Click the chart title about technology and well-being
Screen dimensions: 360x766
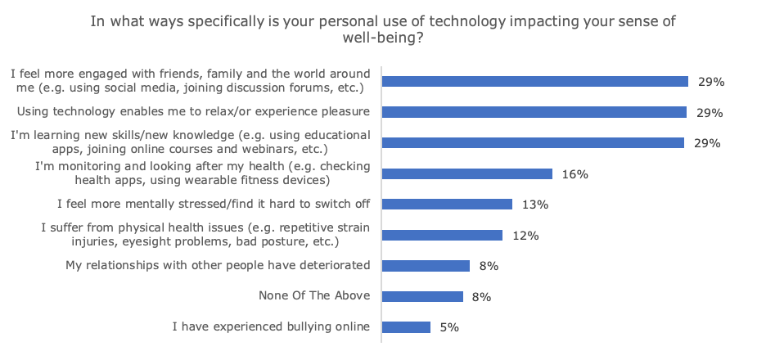pos(382,29)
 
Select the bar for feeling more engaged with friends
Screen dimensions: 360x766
pos(535,81)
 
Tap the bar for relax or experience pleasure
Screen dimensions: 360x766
pos(534,112)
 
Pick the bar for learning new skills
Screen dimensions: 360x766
pos(534,142)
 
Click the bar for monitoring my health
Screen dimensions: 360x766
pos(467,173)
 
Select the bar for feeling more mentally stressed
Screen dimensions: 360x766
pos(448,204)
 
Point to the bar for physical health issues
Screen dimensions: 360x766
pos(443,235)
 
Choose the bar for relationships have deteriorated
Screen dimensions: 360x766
pos(426,266)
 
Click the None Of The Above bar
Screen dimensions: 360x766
pos(423,296)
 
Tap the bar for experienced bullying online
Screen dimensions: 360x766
pos(407,327)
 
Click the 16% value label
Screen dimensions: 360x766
pos(575,173)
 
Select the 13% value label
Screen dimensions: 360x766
pos(535,205)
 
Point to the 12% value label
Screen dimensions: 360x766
pos(525,236)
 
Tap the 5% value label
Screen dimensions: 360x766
pos(449,327)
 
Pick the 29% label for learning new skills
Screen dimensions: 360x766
pos(707,143)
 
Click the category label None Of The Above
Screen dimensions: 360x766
pos(314,296)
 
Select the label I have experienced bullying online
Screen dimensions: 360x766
pos(271,327)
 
